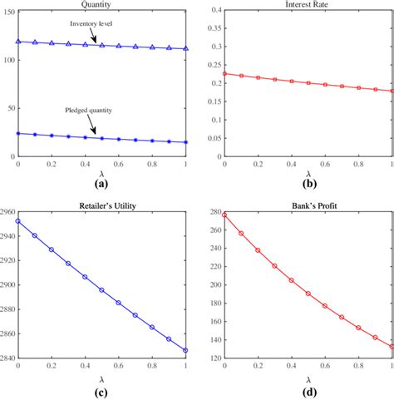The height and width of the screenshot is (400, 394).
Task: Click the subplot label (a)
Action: [103, 185]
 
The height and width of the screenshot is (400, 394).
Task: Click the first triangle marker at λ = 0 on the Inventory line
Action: [18, 41]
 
